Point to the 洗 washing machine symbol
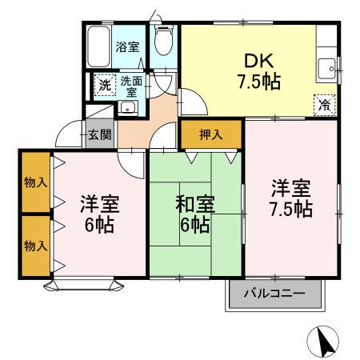105,86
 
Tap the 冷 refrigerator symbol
324,104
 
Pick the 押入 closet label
210,134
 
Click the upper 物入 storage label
35,183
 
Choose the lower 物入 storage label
35,246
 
